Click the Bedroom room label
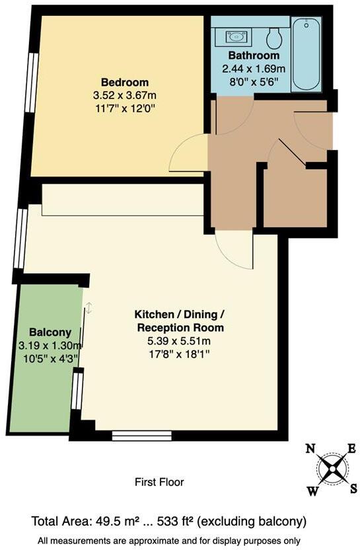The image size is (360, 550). click(x=124, y=82)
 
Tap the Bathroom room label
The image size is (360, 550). click(x=254, y=56)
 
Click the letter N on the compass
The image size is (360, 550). click(x=310, y=449)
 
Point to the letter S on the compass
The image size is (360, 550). click(x=353, y=488)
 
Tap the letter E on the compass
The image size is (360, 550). click(x=352, y=449)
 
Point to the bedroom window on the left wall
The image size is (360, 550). click(x=30, y=81)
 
